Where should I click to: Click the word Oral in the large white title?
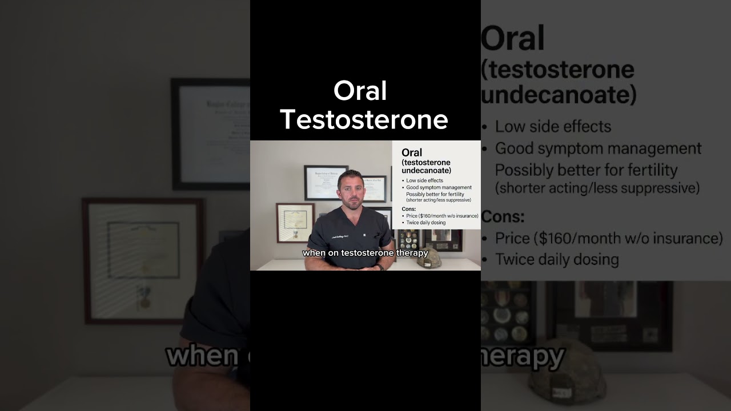360,91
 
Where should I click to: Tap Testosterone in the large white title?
364,120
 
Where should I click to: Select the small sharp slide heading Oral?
412,152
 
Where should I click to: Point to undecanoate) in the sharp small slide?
426,171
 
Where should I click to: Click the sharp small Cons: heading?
409,209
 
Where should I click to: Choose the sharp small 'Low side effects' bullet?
424,180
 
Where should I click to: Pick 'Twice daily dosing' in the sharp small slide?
425,223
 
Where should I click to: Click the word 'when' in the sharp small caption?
312,253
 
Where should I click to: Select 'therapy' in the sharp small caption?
412,253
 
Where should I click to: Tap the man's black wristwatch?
380,267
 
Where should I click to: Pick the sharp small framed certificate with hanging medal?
295,223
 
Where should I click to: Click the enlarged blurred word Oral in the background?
512,39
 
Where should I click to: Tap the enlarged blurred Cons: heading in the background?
503,216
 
